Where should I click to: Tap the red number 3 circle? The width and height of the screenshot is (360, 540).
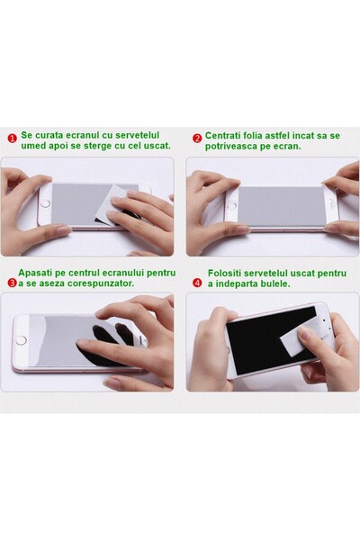click(x=12, y=283)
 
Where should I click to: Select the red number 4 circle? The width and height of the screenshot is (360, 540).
click(x=197, y=283)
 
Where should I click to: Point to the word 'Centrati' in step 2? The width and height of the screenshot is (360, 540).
click(x=224, y=135)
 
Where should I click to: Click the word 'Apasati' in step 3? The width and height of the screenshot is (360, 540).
click(x=38, y=272)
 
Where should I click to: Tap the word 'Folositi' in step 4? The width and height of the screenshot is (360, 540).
click(x=226, y=272)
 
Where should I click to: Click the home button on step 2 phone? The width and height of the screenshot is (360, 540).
click(x=230, y=205)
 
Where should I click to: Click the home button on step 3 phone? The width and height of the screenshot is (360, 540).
click(x=22, y=340)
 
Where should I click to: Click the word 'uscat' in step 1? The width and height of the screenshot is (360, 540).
click(x=155, y=145)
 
